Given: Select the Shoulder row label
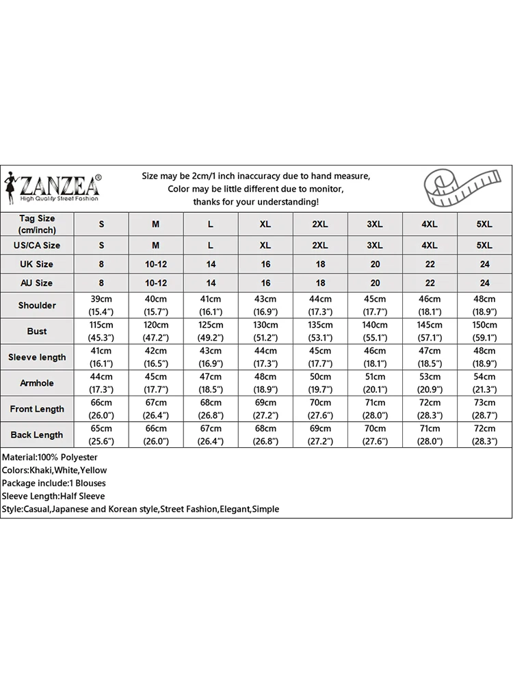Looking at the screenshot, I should coord(37,305).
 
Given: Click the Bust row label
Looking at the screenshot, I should coord(37,331).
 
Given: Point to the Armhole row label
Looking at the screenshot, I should coord(37,383).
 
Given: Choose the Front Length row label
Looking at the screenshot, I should coord(37,409).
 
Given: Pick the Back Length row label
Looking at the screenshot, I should coord(37,435).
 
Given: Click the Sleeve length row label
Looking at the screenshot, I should coord(37,357).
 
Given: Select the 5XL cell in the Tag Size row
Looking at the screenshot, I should coord(484,224).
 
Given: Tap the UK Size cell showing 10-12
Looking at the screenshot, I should coord(156,264).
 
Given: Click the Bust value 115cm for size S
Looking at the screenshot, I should coord(102,325).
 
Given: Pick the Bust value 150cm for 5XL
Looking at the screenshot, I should coord(484,325).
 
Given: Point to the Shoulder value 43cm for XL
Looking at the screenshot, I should coord(265,299).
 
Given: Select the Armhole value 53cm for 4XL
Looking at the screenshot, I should coord(430,377).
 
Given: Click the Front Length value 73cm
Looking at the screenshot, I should coord(484,403).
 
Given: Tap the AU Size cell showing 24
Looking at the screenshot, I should coord(484,283).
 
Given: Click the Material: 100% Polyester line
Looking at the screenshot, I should coord(50,457).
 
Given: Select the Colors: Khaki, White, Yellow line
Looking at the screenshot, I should coord(54,470).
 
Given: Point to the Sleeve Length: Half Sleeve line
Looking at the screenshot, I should coord(53,496).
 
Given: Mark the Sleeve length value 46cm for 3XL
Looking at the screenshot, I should coord(375,351).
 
